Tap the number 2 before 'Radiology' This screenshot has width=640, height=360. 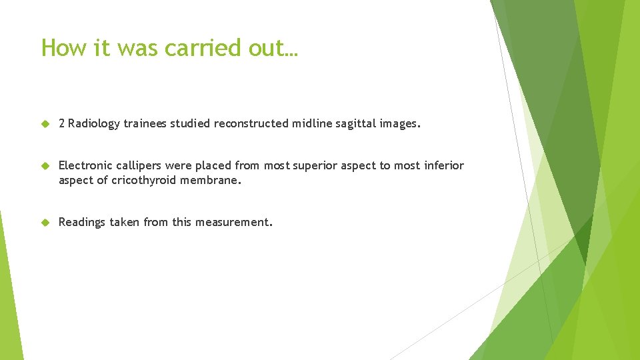coord(62,123)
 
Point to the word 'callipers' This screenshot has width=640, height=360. coord(141,165)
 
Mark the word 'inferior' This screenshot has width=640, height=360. coord(444,165)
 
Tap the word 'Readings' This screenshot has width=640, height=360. coord(82,223)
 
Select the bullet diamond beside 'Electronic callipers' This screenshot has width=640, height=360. coord(45,165)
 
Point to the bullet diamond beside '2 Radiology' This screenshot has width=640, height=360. coord(45,123)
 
